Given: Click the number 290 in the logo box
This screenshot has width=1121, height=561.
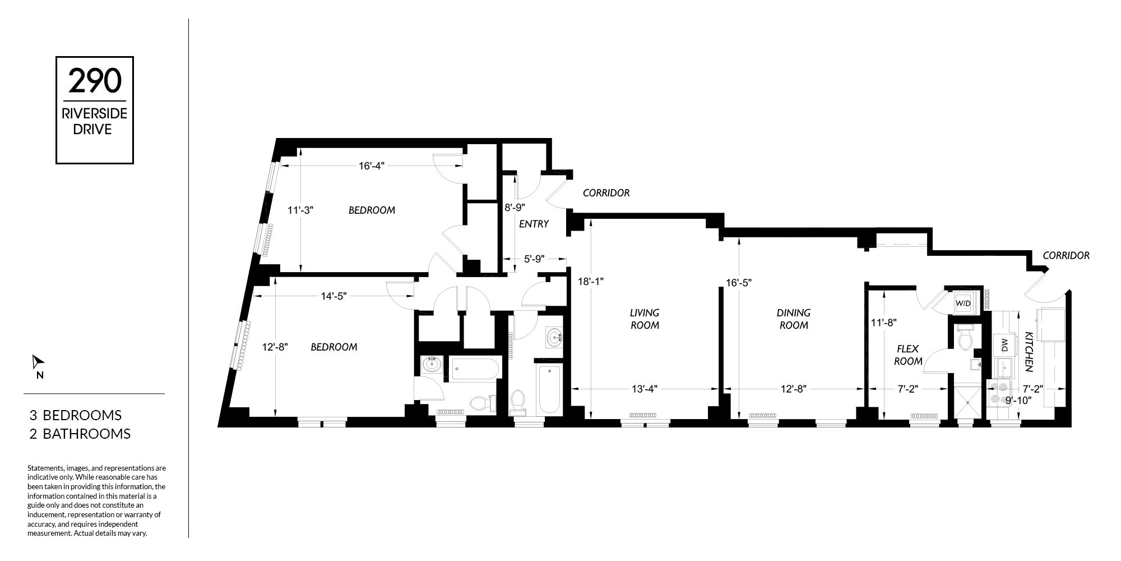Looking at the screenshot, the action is pyautogui.click(x=95, y=81).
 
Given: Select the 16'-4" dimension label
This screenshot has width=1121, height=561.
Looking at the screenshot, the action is pyautogui.click(x=372, y=166).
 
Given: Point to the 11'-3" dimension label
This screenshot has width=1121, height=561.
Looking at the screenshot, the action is pyautogui.click(x=300, y=210).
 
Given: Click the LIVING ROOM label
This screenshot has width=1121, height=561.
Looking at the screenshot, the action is pyautogui.click(x=645, y=319).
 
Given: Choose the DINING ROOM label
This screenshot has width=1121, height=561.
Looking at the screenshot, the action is pyautogui.click(x=794, y=319).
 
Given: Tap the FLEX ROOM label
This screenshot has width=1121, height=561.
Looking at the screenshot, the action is pyautogui.click(x=908, y=355).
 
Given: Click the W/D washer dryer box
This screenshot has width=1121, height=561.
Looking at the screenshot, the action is pyautogui.click(x=963, y=303).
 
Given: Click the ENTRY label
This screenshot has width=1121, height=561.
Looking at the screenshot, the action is pyautogui.click(x=534, y=224).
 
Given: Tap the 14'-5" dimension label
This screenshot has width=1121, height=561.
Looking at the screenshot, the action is pyautogui.click(x=334, y=296).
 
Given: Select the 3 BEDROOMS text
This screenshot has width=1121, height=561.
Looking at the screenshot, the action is pyautogui.click(x=76, y=415).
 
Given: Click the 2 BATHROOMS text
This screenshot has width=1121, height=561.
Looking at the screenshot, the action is pyautogui.click(x=80, y=434).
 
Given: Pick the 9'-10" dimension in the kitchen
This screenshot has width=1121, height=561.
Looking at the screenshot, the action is pyautogui.click(x=1017, y=400).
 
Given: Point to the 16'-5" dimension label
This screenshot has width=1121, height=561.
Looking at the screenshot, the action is pyautogui.click(x=739, y=283).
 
